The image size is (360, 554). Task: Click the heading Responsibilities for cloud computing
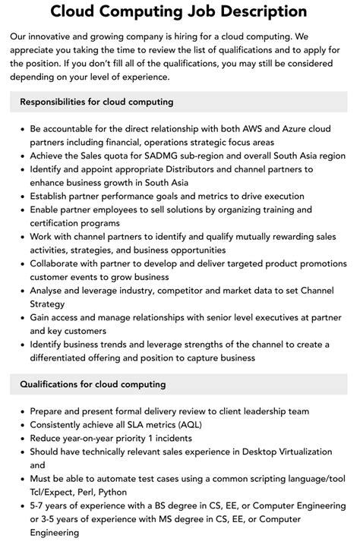click(x=96, y=101)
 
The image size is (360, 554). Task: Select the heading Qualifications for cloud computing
click(x=93, y=385)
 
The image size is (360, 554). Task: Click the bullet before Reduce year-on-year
click(x=22, y=439)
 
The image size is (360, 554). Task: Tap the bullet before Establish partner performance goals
click(x=22, y=196)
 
